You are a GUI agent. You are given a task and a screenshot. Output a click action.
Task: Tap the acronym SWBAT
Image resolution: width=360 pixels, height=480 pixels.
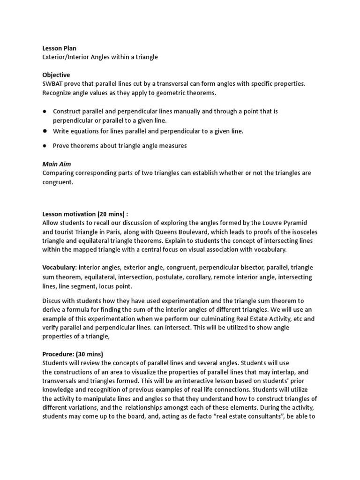52,84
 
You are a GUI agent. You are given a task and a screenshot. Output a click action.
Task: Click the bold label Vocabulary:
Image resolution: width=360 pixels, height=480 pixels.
60,268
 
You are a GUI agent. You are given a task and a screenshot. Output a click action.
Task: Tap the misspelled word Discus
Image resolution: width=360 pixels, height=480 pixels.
52,300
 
